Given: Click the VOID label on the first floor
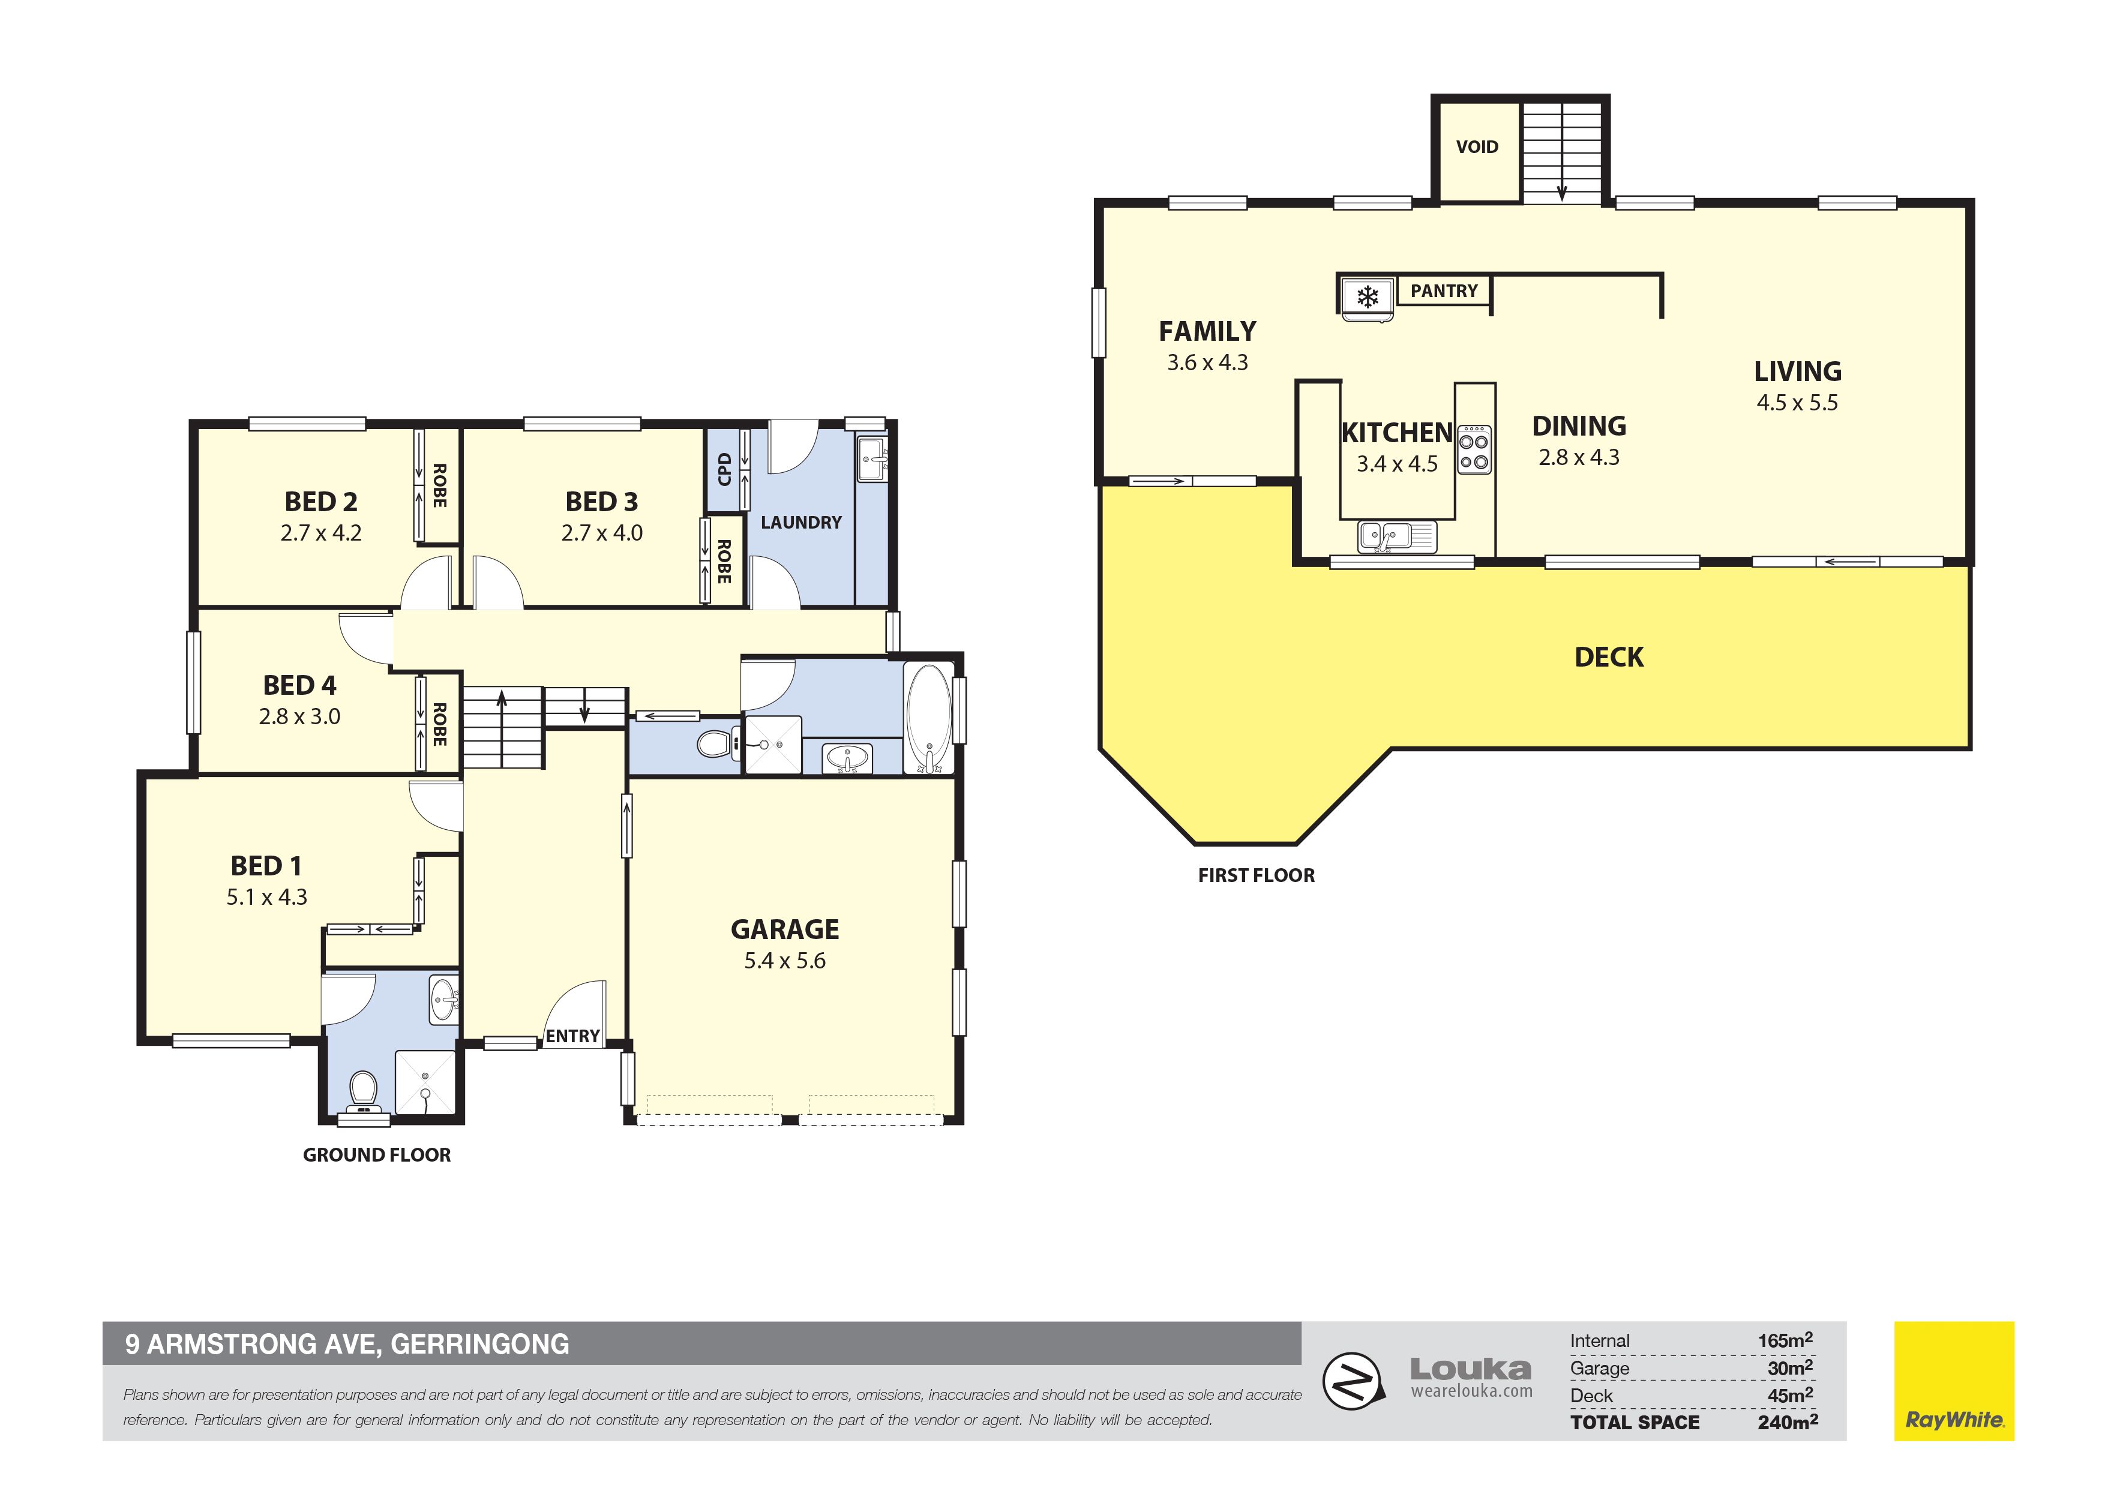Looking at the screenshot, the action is point(1477,146).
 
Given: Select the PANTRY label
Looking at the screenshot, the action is point(1444,290).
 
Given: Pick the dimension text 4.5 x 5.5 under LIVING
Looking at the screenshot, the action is point(1797,403).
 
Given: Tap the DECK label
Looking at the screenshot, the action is point(1609,658).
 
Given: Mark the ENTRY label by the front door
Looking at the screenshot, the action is point(573,1036).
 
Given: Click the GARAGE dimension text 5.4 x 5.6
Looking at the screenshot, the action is point(785,961).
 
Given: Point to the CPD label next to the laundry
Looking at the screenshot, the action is point(724,469).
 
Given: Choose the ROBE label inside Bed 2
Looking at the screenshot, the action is point(439,486).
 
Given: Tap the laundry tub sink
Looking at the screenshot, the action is point(871,458).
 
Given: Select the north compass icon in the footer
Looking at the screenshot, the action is point(1351,1381).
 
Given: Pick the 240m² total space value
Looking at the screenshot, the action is point(1788,1422).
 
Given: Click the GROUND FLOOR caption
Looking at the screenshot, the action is point(377,1155).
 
